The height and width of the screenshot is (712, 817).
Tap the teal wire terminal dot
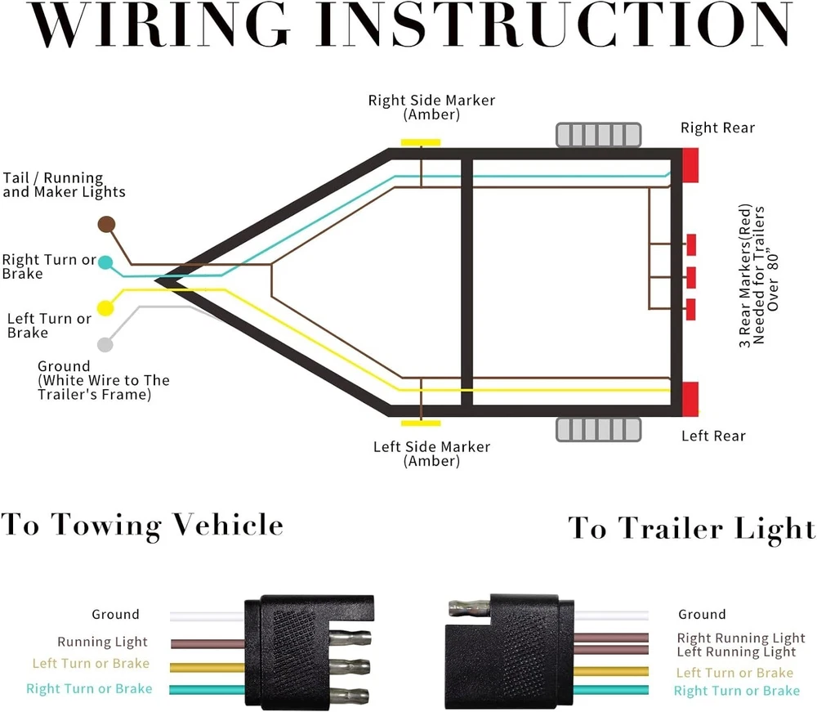pos(105,263)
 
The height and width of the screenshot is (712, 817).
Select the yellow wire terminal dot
pos(105,308)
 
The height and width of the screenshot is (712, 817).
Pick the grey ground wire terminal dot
pos(105,344)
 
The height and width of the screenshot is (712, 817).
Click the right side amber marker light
pos(420,142)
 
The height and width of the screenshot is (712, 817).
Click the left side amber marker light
pos(420,423)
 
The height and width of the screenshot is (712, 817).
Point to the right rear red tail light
pos(690,165)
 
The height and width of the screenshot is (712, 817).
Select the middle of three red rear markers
pos(691,277)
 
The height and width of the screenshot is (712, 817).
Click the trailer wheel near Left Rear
pos(598,430)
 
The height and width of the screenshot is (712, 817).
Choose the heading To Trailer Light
pos(691,528)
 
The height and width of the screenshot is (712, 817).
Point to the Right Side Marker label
pos(431,101)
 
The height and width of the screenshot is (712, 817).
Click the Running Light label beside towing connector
pos(102,643)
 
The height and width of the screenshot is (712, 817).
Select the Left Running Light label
pos(736,652)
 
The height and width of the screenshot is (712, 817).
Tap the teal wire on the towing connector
pos(208,689)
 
